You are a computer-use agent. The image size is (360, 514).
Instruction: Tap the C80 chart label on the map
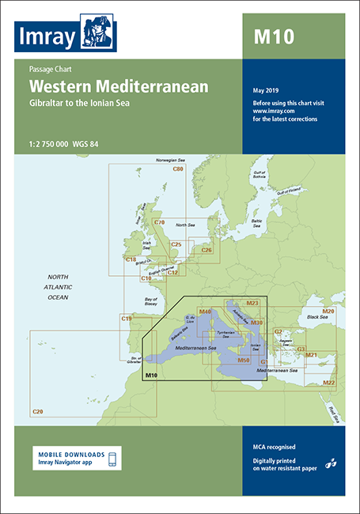coord(178,169)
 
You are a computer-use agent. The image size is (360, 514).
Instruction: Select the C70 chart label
coord(158,222)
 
